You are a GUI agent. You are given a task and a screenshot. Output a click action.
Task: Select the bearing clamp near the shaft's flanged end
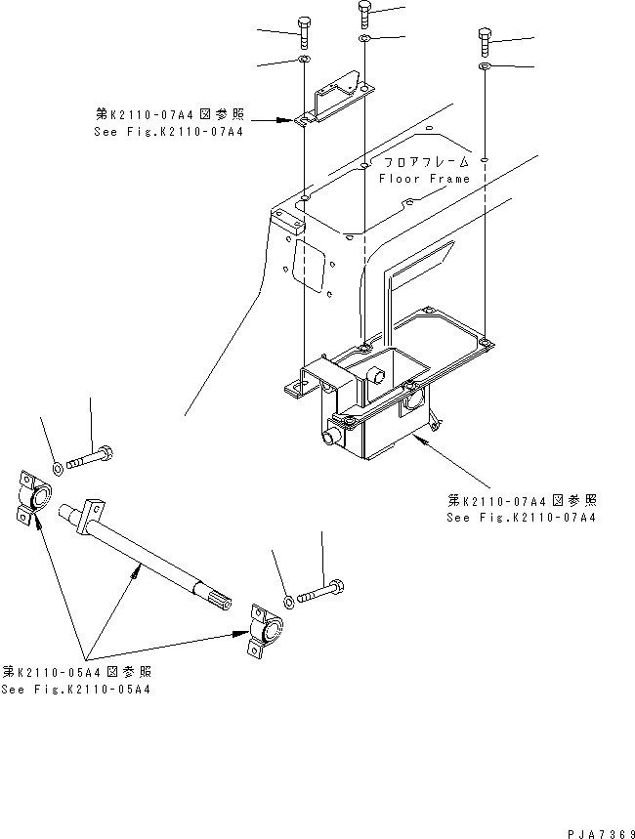[x=30, y=498]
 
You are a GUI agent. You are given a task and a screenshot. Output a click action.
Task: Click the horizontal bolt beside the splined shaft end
[x=320, y=592]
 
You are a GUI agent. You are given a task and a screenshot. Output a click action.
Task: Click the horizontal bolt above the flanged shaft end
[x=91, y=455]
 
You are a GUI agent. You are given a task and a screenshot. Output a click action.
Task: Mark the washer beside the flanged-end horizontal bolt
[x=58, y=466]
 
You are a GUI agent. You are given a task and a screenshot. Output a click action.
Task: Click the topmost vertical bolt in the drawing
[x=364, y=14]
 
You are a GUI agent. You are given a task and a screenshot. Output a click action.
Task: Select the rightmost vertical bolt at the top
[x=486, y=41]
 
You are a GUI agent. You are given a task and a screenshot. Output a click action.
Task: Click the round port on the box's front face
[x=333, y=434]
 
